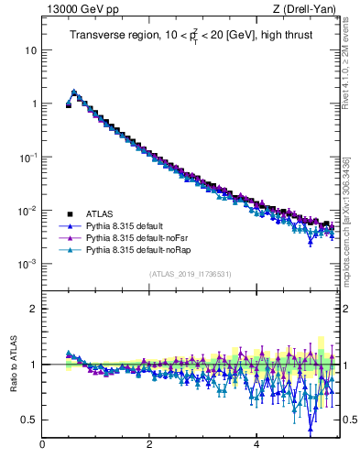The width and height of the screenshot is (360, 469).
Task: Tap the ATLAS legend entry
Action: tap(100, 213)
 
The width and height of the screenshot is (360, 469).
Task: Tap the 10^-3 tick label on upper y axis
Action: tap(27, 264)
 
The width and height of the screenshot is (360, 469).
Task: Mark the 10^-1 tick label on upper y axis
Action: tap(27, 157)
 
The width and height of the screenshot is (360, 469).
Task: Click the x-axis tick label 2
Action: tap(149, 444)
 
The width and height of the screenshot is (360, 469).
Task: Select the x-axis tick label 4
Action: tap(256, 444)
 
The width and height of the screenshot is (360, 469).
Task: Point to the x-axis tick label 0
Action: tap(42, 444)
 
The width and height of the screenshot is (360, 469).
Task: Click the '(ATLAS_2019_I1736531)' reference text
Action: tap(190, 274)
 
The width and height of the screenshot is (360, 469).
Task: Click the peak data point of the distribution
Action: tap(74, 92)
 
